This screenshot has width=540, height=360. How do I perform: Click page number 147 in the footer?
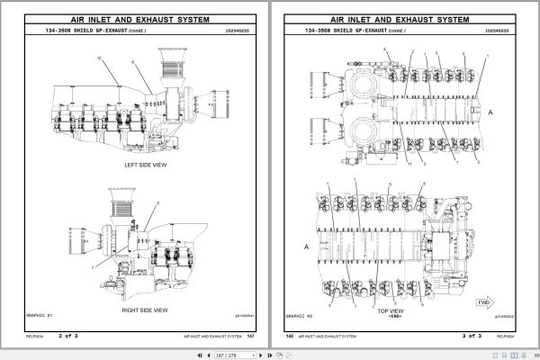tap(251, 337)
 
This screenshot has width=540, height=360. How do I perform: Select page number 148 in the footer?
tap(290, 337)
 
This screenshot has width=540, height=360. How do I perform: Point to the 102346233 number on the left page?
tap(238, 31)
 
